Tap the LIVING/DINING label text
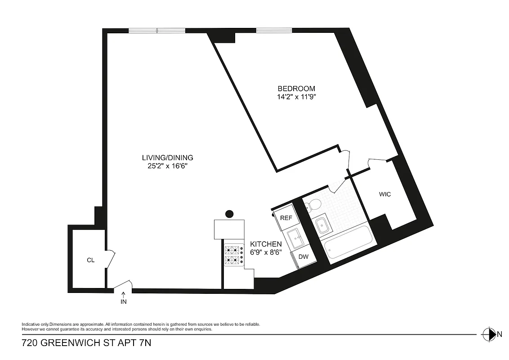coord(167,157)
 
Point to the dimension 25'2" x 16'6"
coord(167,166)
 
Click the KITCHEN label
coord(266,244)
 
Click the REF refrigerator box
coord(286,218)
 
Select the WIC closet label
coord(385,194)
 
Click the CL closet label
coord(90,260)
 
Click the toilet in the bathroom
coord(313,205)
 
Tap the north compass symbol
coord(488,334)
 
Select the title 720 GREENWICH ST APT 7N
coord(87,343)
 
